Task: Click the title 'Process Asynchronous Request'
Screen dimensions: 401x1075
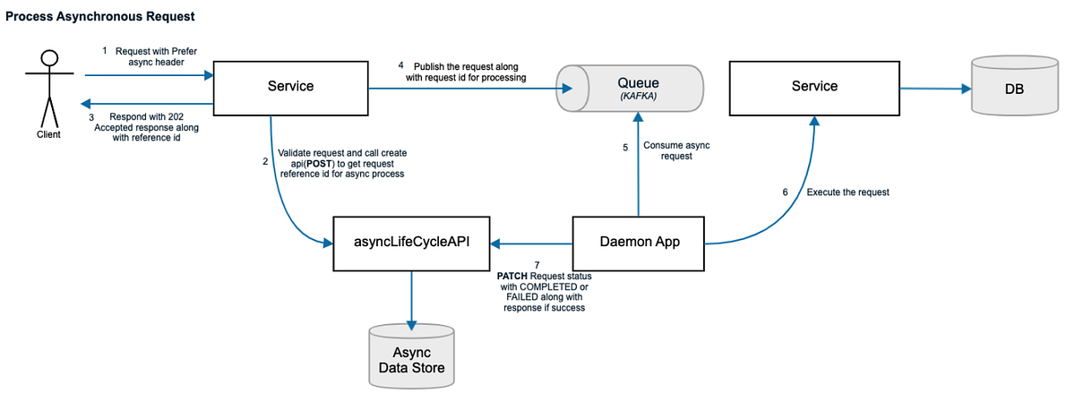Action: click(x=99, y=17)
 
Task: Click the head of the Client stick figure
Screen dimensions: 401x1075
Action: click(x=49, y=59)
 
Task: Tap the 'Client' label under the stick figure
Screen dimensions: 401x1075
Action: click(x=49, y=135)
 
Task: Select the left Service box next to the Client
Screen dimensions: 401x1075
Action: click(x=290, y=87)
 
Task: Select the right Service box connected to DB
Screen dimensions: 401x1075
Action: click(x=814, y=87)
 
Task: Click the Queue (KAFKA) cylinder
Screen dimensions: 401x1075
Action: click(x=635, y=87)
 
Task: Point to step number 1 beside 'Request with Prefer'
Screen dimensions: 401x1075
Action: click(x=105, y=51)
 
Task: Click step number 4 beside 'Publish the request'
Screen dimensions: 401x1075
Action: click(x=401, y=65)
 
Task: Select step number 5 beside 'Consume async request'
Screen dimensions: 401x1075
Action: click(x=625, y=147)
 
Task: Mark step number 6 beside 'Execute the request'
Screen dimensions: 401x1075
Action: click(x=786, y=192)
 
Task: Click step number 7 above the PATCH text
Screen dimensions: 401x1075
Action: click(x=537, y=265)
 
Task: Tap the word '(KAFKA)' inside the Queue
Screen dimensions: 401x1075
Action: click(x=635, y=97)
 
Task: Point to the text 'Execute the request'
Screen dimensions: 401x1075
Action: click(x=847, y=192)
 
